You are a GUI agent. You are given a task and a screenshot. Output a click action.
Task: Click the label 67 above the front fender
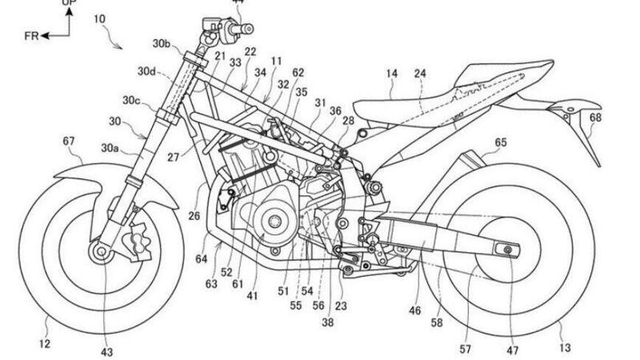click(x=70, y=142)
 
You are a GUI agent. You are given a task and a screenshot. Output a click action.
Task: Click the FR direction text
click(x=30, y=36)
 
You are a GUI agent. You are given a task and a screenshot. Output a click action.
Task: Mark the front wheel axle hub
click(x=102, y=253)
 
